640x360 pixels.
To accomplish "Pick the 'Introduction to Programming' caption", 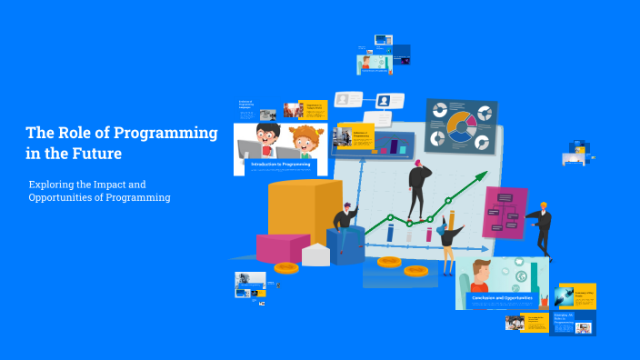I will point(280,165).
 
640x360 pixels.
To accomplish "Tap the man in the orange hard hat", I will point(543,227).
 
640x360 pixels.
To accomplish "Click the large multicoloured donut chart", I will point(459,127).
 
